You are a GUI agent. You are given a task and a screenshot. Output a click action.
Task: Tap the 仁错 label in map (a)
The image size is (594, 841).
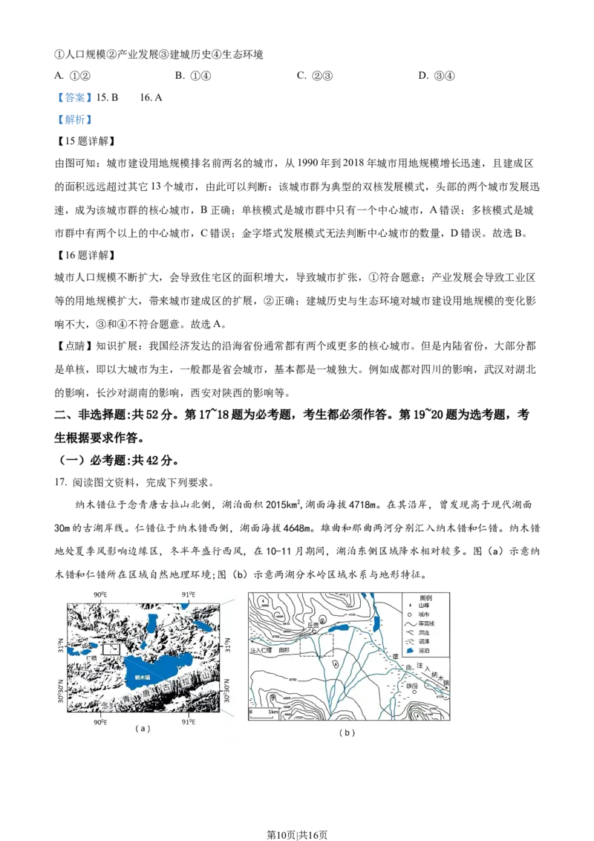tap(91, 658)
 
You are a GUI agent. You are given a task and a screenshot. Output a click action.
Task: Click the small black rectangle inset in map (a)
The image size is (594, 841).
tap(110, 649)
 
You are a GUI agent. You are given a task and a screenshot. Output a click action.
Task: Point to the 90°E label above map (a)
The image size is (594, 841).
tap(100, 594)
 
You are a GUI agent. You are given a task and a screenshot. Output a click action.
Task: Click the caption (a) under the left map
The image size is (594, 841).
tap(143, 729)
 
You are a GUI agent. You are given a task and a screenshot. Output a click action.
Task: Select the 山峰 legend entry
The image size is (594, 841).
tap(424, 605)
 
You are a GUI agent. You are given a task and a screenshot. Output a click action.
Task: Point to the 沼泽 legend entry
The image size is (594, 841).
tap(425, 641)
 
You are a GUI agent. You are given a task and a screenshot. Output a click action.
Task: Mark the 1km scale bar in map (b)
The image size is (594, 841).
tap(265, 715)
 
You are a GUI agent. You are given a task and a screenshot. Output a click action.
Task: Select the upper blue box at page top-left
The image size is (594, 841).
tap(74, 97)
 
